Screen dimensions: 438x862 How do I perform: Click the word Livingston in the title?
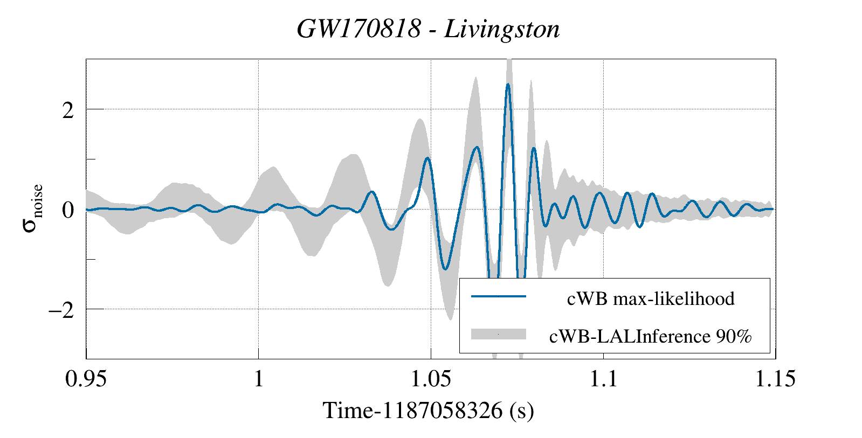coord(502,29)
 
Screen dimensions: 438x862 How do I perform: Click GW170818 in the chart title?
coord(358,29)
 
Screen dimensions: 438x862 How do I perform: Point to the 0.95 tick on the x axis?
coord(86,379)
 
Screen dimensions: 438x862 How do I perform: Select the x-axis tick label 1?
coord(258,379)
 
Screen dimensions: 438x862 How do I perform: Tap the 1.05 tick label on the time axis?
coord(431,379)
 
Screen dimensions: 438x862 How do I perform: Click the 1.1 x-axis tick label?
coord(603,379)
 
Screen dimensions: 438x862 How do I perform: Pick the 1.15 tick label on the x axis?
coord(775,379)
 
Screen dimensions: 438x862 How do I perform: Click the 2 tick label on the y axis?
coord(68,110)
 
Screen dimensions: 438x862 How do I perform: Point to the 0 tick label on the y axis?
coord(68,210)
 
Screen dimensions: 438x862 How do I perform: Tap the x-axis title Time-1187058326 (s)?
coord(428,411)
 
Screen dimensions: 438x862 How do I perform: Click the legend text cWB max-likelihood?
coord(651,298)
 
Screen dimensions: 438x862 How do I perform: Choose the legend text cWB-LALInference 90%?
coord(651,336)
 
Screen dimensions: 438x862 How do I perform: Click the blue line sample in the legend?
coord(498,296)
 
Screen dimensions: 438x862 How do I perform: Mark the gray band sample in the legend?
coord(498,334)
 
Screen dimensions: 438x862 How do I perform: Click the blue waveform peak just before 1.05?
coord(427,158)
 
